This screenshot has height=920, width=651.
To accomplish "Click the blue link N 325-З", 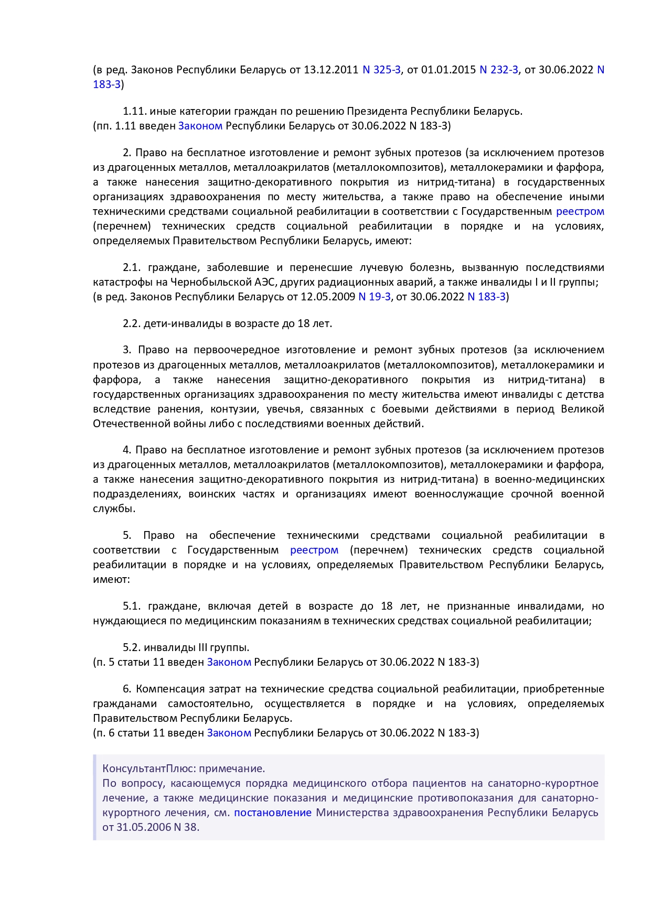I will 381,70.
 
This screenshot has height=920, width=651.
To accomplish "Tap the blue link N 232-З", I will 499,70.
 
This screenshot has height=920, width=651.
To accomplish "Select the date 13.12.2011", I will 331,70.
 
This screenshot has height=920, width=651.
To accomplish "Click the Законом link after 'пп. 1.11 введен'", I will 200,126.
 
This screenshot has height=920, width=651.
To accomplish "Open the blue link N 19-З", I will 374,297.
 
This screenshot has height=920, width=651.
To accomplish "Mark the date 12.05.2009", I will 328,297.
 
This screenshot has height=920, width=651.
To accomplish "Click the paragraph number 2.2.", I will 131,323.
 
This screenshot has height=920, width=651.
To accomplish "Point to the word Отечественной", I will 130,424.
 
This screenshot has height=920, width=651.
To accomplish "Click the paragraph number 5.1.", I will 132,606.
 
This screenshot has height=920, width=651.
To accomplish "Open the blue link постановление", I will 273,813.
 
